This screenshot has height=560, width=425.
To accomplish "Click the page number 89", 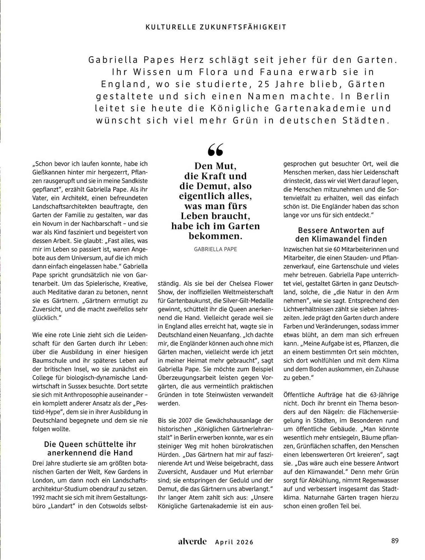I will click(x=395, y=541).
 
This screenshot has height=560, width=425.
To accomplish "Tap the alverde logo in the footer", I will click(x=192, y=542).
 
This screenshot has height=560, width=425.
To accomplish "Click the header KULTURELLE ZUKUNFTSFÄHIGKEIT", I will click(x=216, y=27).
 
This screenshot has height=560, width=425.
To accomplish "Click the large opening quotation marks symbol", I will click(x=216, y=150).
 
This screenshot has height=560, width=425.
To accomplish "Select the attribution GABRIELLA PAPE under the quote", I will click(x=215, y=249).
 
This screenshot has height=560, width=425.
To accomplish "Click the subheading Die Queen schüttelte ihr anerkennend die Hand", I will click(x=90, y=448).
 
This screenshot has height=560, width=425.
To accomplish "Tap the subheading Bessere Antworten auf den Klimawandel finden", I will click(x=341, y=234).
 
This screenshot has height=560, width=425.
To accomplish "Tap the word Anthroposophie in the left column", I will click(x=85, y=395).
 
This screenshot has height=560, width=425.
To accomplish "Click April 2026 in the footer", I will click(x=234, y=542).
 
